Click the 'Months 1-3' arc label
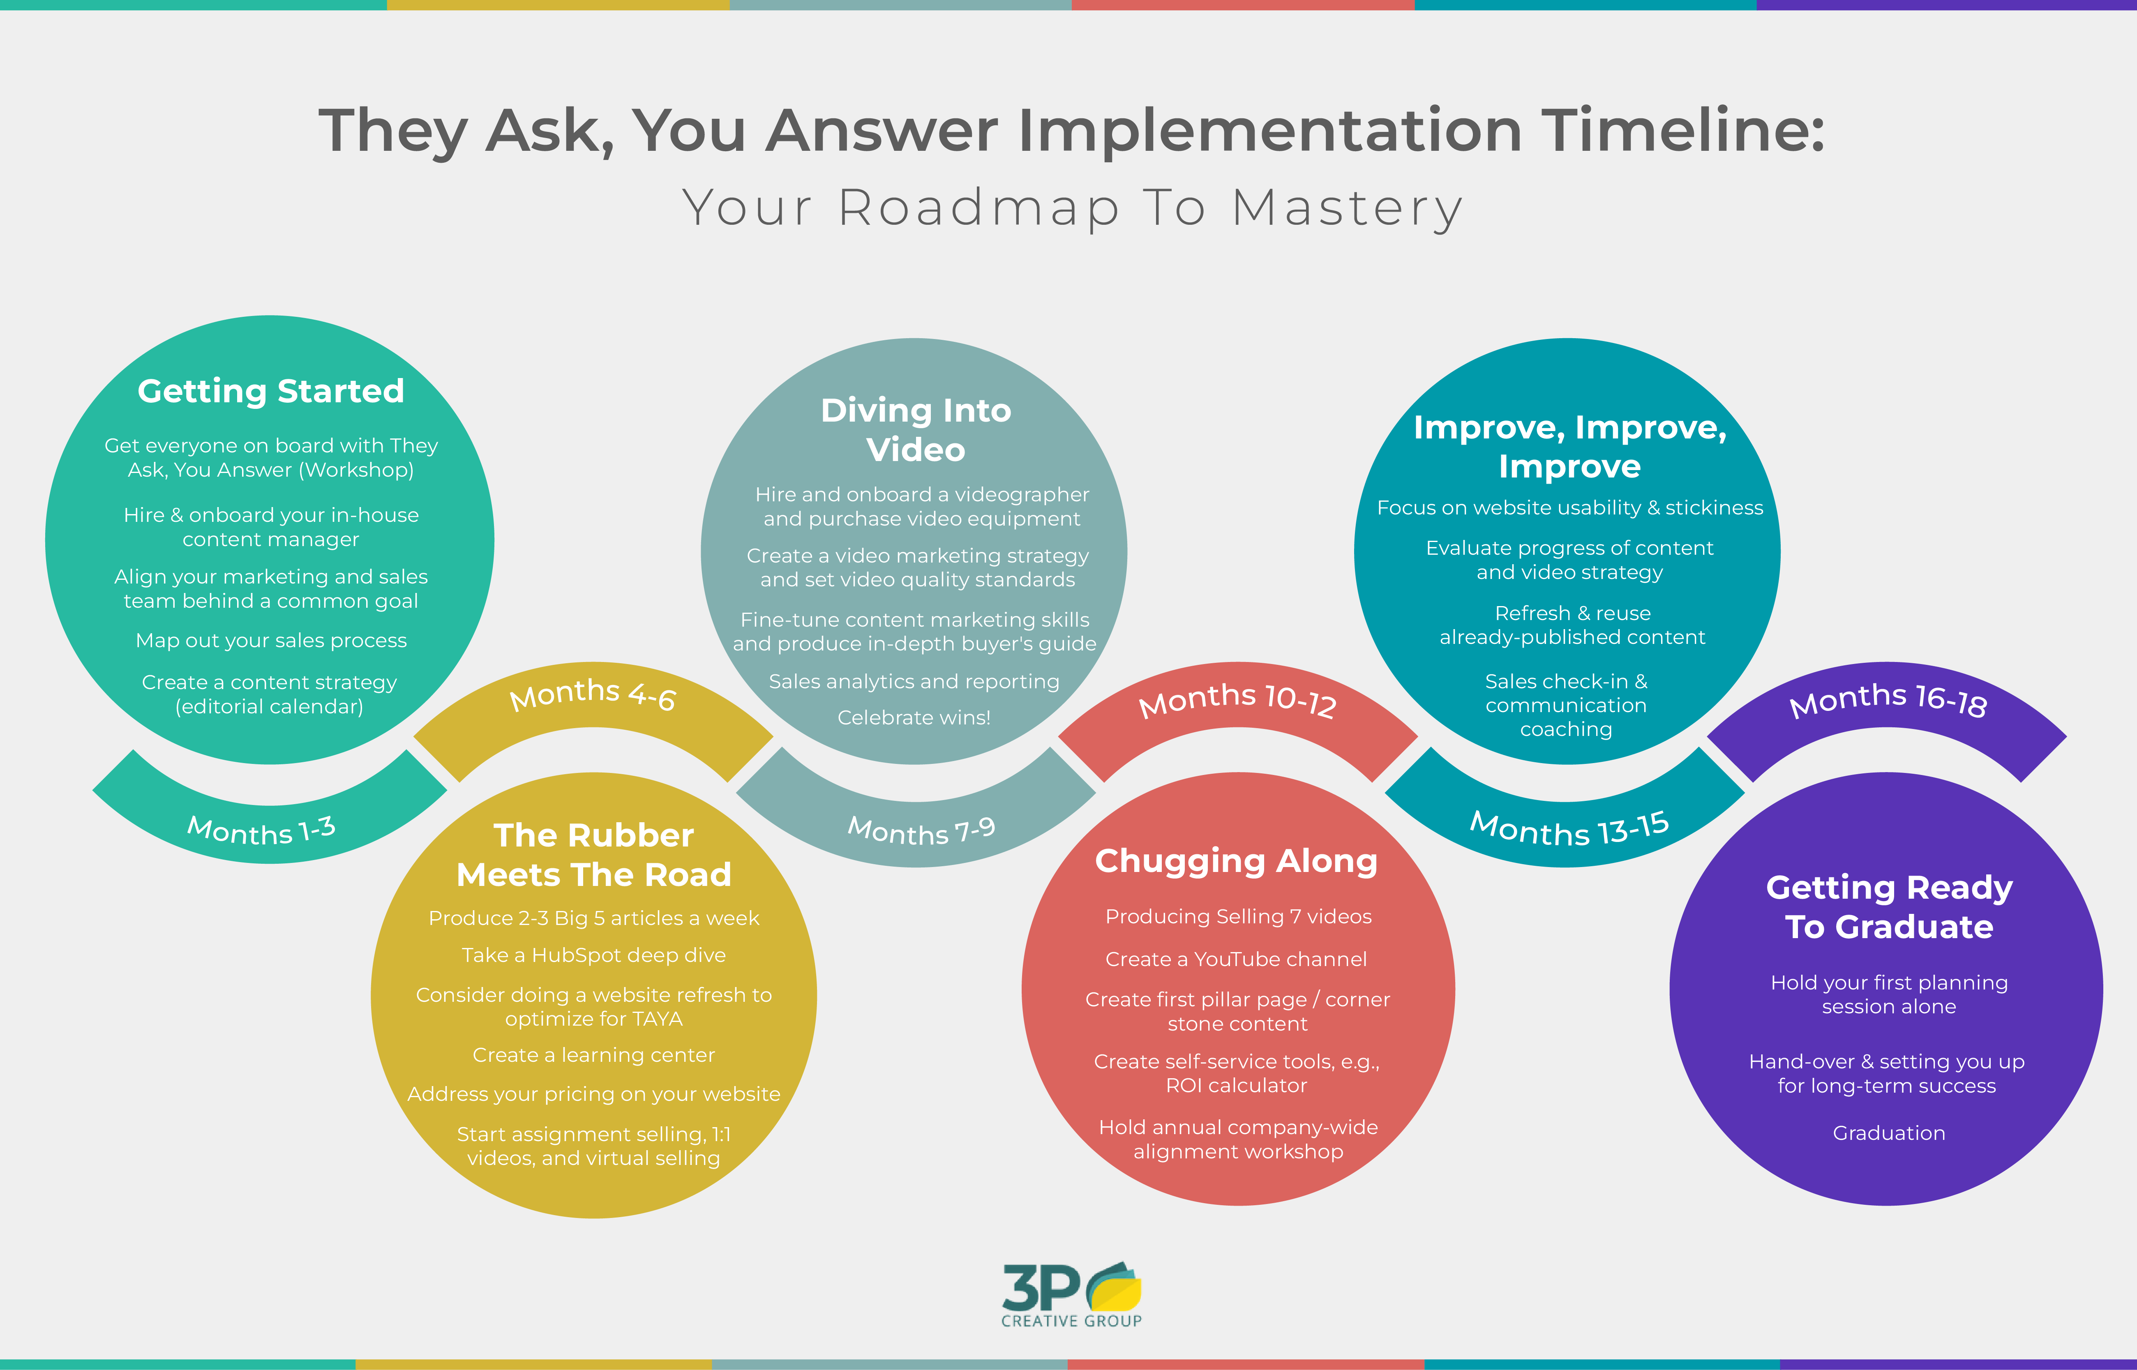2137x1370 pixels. [x=261, y=830]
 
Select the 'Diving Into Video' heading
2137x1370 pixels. [x=916, y=430]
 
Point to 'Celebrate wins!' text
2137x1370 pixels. [x=914, y=717]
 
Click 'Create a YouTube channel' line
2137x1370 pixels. [x=1236, y=959]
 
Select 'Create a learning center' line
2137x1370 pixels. [x=593, y=1055]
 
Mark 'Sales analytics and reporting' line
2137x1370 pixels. [x=914, y=681]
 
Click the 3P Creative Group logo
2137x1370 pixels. [x=1071, y=1295]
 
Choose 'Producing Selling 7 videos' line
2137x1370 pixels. [x=1237, y=916]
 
